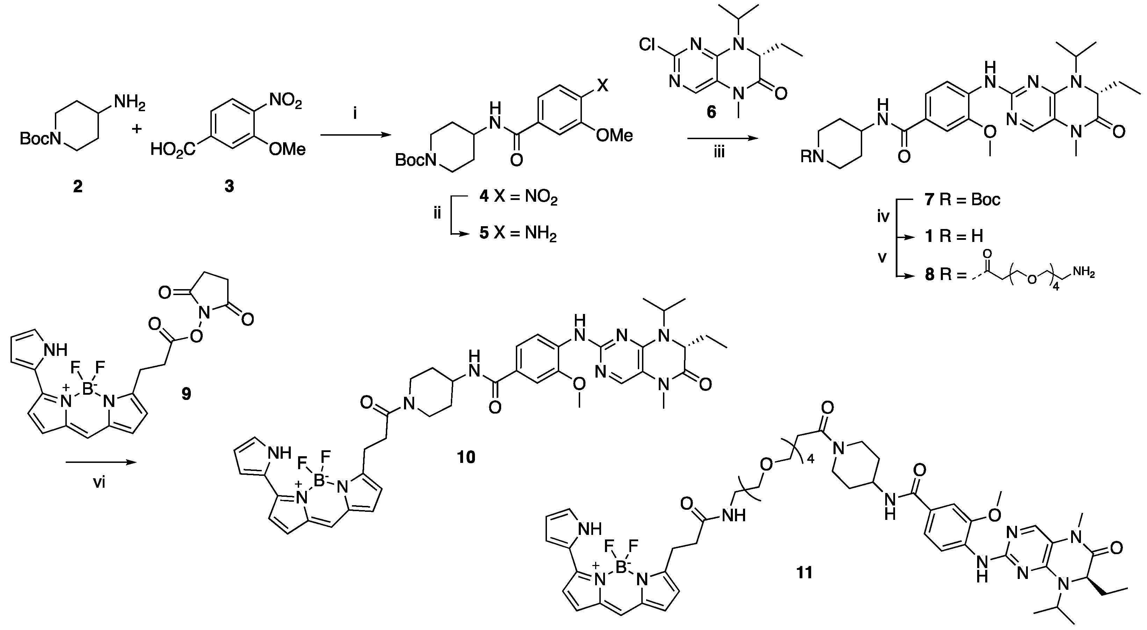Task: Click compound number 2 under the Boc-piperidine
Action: point(78,187)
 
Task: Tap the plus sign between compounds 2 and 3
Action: point(137,129)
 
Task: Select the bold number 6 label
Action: point(712,112)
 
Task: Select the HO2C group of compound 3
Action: point(173,149)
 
